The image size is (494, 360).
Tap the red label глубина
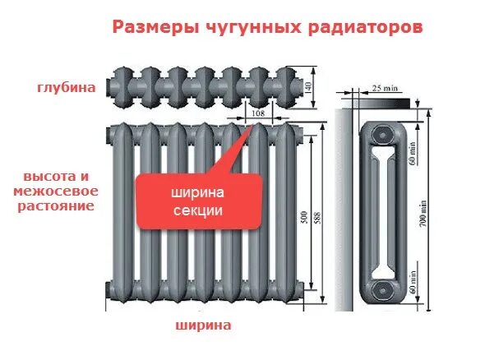coord(67,87)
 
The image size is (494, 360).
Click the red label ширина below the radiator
coord(202,325)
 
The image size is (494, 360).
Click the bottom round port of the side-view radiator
coord(381,290)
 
